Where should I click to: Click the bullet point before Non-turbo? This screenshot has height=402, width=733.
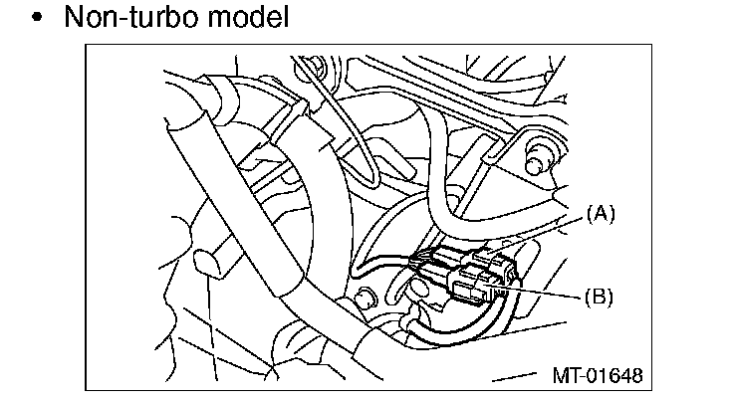click(38, 18)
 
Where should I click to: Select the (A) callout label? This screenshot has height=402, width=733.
click(600, 212)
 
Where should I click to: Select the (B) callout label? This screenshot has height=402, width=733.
click(599, 295)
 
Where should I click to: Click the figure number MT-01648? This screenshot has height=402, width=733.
click(597, 375)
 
